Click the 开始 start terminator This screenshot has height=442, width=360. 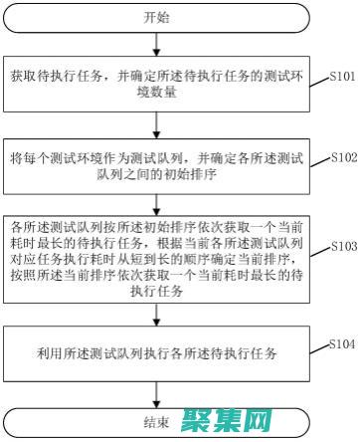click(157, 17)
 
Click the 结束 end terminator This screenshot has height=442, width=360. click(157, 420)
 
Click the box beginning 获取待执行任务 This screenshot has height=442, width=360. click(157, 83)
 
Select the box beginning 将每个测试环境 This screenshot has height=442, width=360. click(157, 165)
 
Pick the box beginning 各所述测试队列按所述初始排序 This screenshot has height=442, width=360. click(157, 253)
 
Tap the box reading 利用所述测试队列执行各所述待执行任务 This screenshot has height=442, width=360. click(157, 353)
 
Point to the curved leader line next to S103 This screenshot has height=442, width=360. click(321, 250)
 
